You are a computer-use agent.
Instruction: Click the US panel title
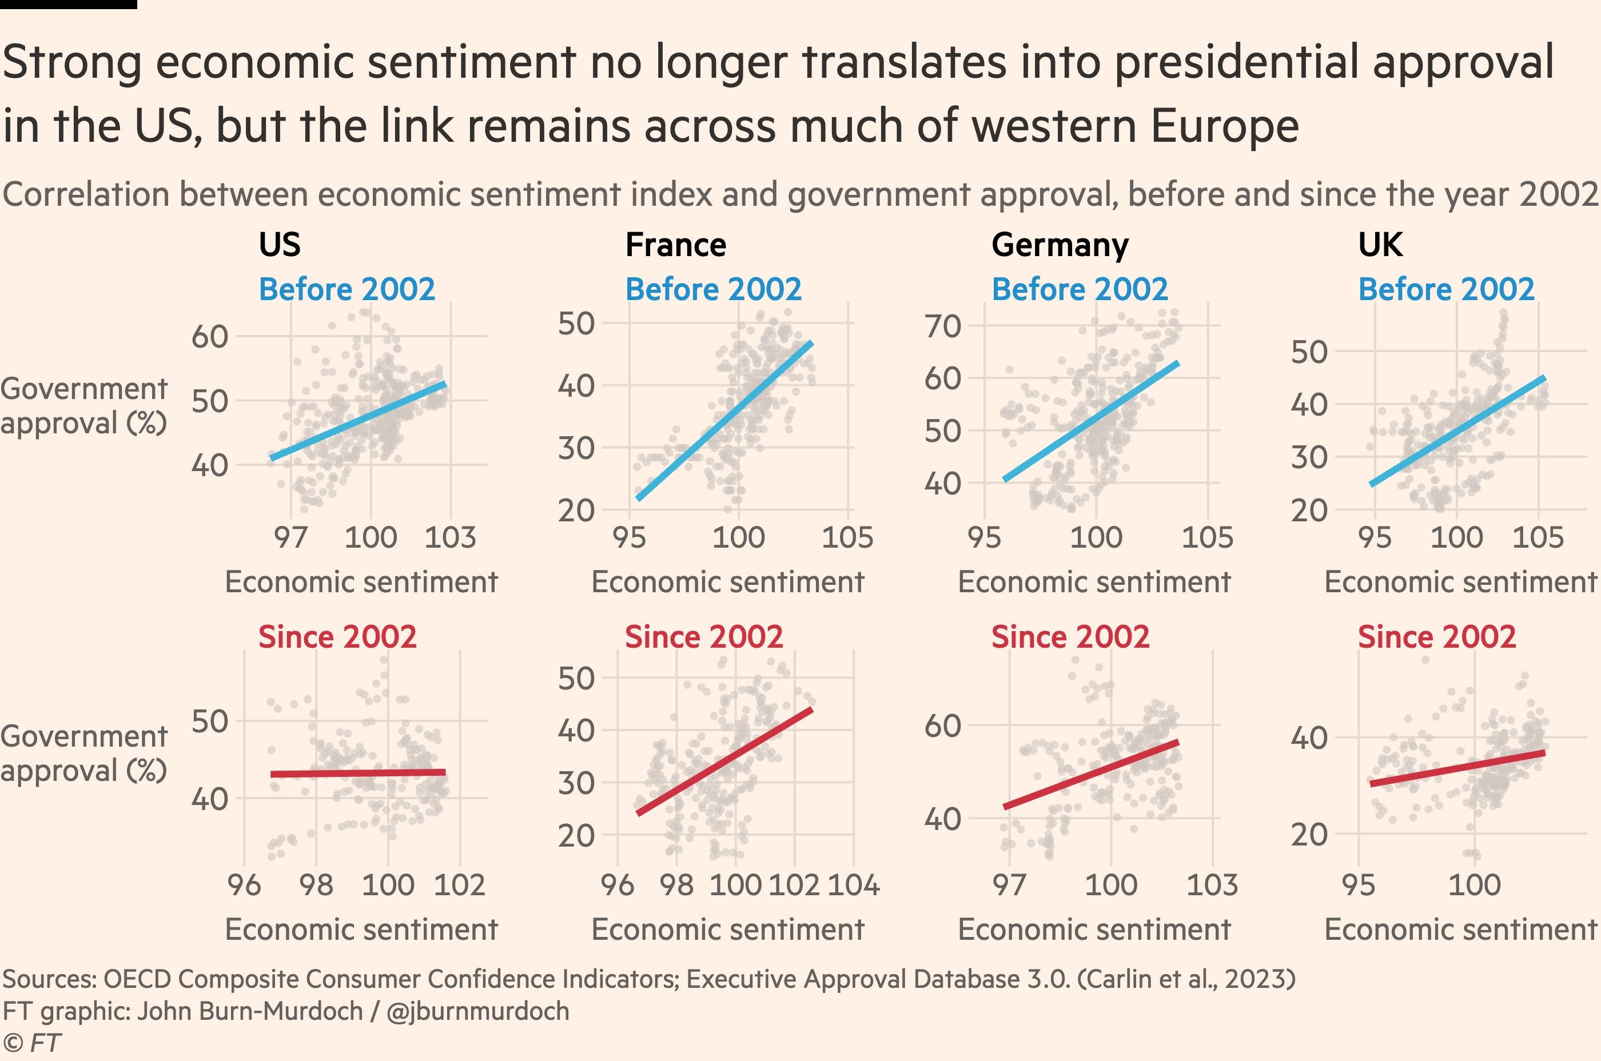(x=280, y=244)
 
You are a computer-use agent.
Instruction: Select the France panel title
(x=675, y=244)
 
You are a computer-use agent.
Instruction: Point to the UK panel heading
(x=1380, y=244)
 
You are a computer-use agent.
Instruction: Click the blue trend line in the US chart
(x=359, y=421)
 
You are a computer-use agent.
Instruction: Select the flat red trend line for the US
(x=359, y=773)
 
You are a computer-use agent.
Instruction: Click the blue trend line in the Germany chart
(x=1091, y=421)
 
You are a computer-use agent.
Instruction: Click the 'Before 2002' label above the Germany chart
(x=1080, y=290)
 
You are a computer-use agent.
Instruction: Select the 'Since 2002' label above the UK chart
(x=1436, y=637)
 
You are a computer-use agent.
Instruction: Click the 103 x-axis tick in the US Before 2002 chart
(x=450, y=538)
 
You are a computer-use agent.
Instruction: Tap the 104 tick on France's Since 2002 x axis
(x=854, y=885)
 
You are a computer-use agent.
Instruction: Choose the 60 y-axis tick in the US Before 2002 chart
(x=210, y=336)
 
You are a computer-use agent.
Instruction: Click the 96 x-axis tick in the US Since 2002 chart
(x=244, y=885)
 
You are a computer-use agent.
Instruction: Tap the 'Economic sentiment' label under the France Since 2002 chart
(x=728, y=930)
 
